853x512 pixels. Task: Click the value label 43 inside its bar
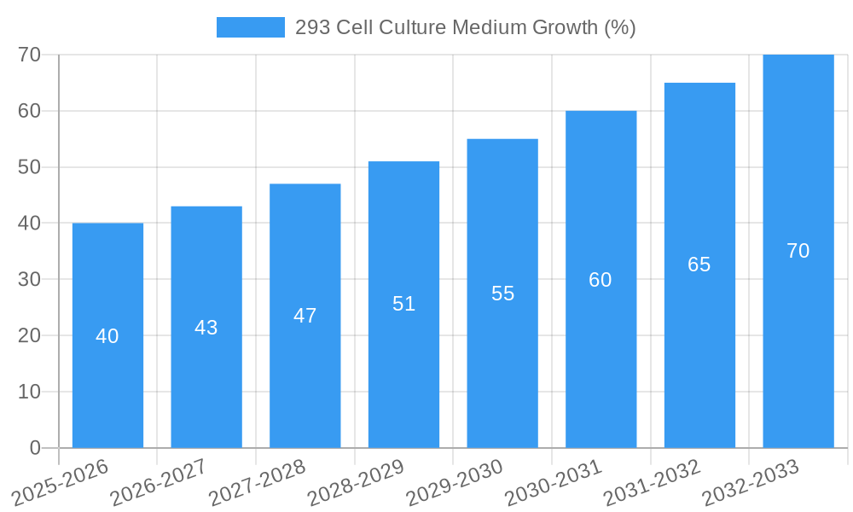coord(206,328)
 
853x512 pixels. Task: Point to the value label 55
coord(503,294)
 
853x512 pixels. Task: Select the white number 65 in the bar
coord(699,265)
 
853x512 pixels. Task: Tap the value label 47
coord(305,316)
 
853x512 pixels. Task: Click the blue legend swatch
coord(250,27)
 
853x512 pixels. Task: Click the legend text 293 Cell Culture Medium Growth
coord(465,27)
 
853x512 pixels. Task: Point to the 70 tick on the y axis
coord(29,55)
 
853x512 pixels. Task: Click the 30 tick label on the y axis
coord(29,279)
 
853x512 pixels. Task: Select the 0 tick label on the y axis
coord(35,448)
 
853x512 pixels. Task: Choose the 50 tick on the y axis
coord(29,166)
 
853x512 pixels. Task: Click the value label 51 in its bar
coord(403,304)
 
